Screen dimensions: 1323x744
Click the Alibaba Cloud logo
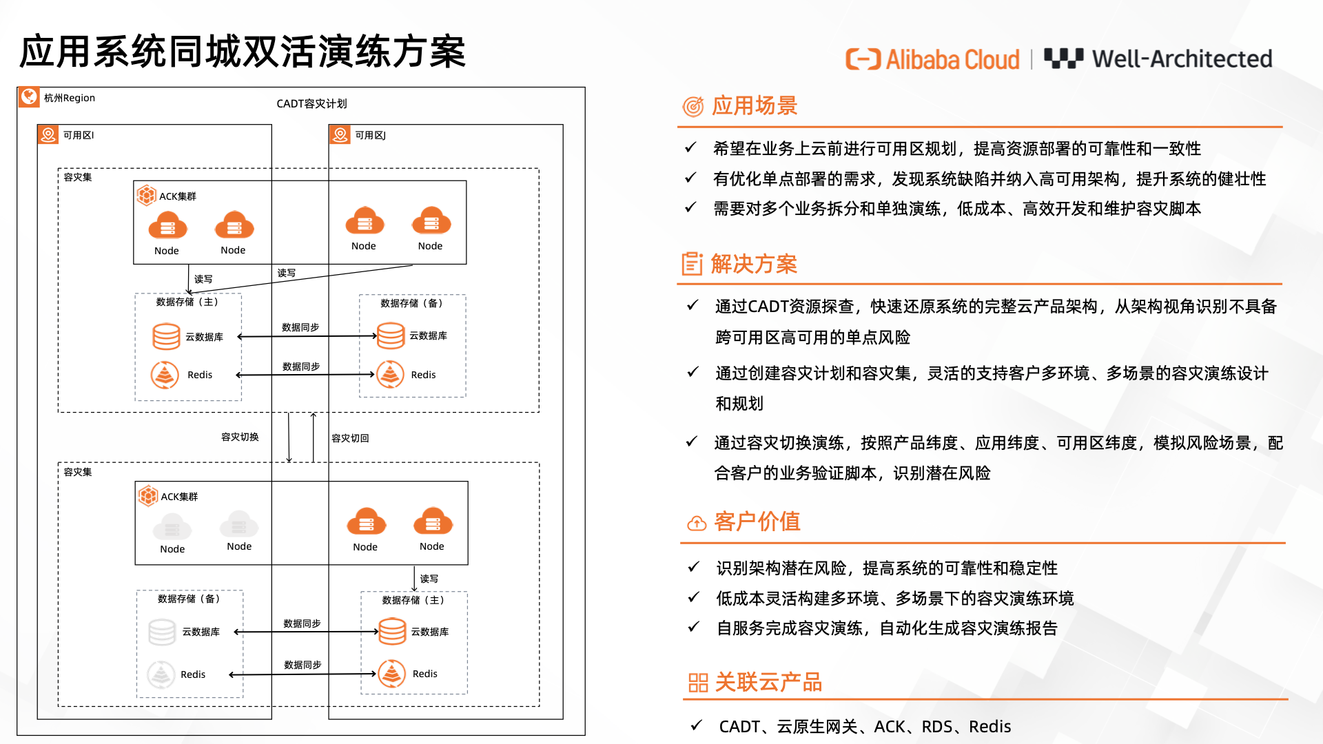(932, 59)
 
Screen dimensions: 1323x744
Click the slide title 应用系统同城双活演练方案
(243, 52)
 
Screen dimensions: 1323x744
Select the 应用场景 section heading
(755, 105)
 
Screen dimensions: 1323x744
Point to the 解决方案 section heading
(754, 263)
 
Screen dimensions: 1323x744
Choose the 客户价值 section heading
(757, 521)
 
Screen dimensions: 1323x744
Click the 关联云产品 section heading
(768, 682)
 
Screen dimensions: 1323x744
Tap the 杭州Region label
(70, 98)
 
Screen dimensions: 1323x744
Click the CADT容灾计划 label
(311, 103)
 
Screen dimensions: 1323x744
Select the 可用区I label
(79, 135)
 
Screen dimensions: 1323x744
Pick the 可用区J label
(371, 135)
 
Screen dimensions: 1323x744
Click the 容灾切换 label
(240, 437)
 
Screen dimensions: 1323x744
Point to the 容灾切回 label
(350, 438)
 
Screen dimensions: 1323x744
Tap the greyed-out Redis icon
(161, 674)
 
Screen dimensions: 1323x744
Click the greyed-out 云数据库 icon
(163, 632)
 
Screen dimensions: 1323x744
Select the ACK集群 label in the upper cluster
(178, 196)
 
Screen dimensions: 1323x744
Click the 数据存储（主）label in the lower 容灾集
(414, 600)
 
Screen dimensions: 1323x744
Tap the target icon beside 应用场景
(693, 106)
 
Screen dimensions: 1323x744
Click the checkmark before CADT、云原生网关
(697, 725)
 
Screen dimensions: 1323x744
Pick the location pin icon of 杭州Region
(29, 96)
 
